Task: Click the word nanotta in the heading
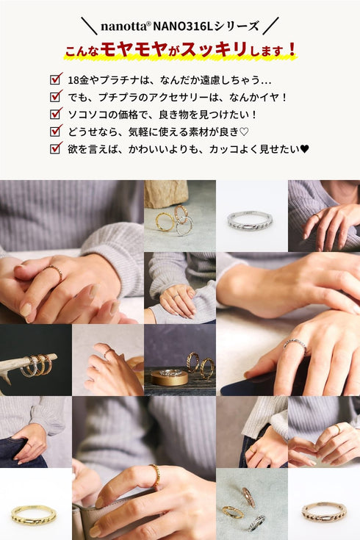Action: [x=123, y=26]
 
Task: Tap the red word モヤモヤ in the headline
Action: [x=134, y=49]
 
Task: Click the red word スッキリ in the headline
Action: [x=214, y=49]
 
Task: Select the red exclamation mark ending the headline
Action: [x=292, y=49]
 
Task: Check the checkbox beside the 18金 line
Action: [x=56, y=79]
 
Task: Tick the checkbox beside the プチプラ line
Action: [x=56, y=96]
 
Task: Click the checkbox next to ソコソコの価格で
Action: [x=56, y=113]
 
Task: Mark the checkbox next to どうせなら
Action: [x=56, y=130]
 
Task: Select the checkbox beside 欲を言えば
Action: [x=56, y=148]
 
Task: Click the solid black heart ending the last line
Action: [x=305, y=149]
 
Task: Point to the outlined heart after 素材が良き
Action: [x=244, y=132]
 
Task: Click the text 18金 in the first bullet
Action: [x=79, y=80]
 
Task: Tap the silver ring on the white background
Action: [x=249, y=220]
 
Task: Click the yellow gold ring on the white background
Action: [x=33, y=514]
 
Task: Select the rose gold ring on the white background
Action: [x=323, y=512]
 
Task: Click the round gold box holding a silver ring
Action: [x=169, y=376]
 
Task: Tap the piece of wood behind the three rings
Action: [x=166, y=193]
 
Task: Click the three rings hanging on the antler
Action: [x=37, y=364]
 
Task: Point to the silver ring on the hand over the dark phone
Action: [x=295, y=345]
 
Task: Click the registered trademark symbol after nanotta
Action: [x=148, y=24]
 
